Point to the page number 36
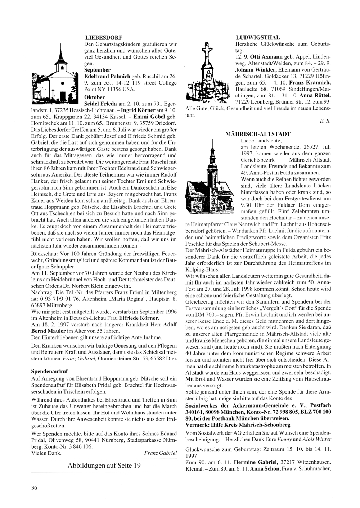click(x=34, y=487)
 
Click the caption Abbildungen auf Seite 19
click(x=104, y=465)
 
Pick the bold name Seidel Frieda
click(x=100, y=104)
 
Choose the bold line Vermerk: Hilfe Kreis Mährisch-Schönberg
click(x=238, y=425)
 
